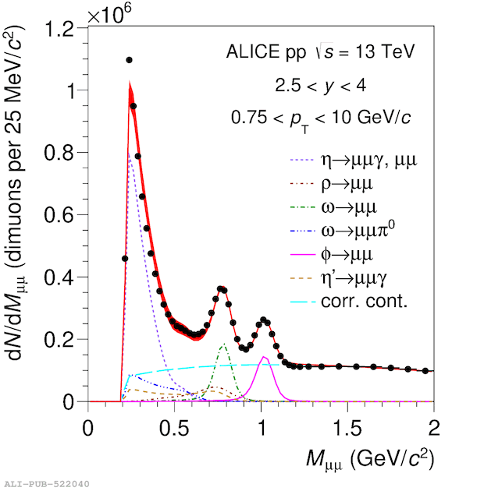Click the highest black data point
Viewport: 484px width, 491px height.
(129, 60)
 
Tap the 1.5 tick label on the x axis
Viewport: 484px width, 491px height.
(347, 428)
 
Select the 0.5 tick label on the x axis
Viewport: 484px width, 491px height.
(174, 428)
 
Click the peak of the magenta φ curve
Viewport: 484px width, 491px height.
(264, 357)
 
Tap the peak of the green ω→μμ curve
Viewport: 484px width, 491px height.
(224, 344)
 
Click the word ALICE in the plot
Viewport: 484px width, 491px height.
(253, 51)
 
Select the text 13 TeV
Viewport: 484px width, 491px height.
(385, 51)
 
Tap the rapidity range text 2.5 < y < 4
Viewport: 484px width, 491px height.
(321, 85)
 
